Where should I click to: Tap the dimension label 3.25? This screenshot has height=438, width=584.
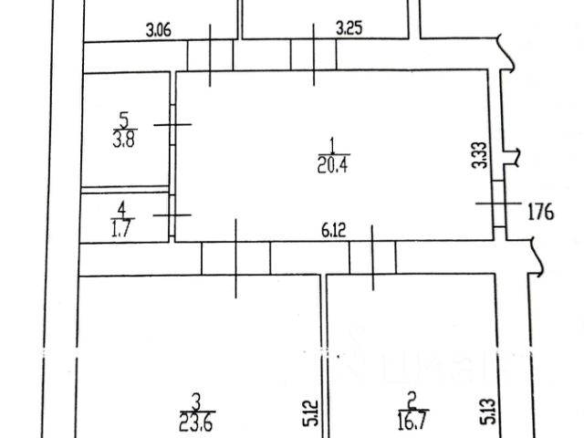pyautogui.click(x=349, y=28)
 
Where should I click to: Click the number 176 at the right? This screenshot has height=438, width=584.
pyautogui.click(x=542, y=214)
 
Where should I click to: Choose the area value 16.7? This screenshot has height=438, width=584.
pyautogui.click(x=412, y=422)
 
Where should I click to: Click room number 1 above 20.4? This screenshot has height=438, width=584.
pyautogui.click(x=333, y=143)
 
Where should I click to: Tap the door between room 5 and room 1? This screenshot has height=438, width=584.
pyautogui.click(x=172, y=125)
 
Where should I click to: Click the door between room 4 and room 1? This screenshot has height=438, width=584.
pyautogui.click(x=172, y=215)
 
